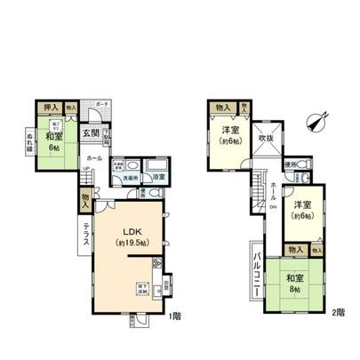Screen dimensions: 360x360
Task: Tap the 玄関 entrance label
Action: (92, 132)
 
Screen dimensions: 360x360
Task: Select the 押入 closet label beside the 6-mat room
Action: (52, 108)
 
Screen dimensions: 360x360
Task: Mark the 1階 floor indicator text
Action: (175, 315)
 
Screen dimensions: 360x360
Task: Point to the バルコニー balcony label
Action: (254, 266)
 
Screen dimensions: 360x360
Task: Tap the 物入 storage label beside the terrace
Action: (84, 201)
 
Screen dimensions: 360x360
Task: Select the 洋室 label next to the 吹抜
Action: (228, 133)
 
